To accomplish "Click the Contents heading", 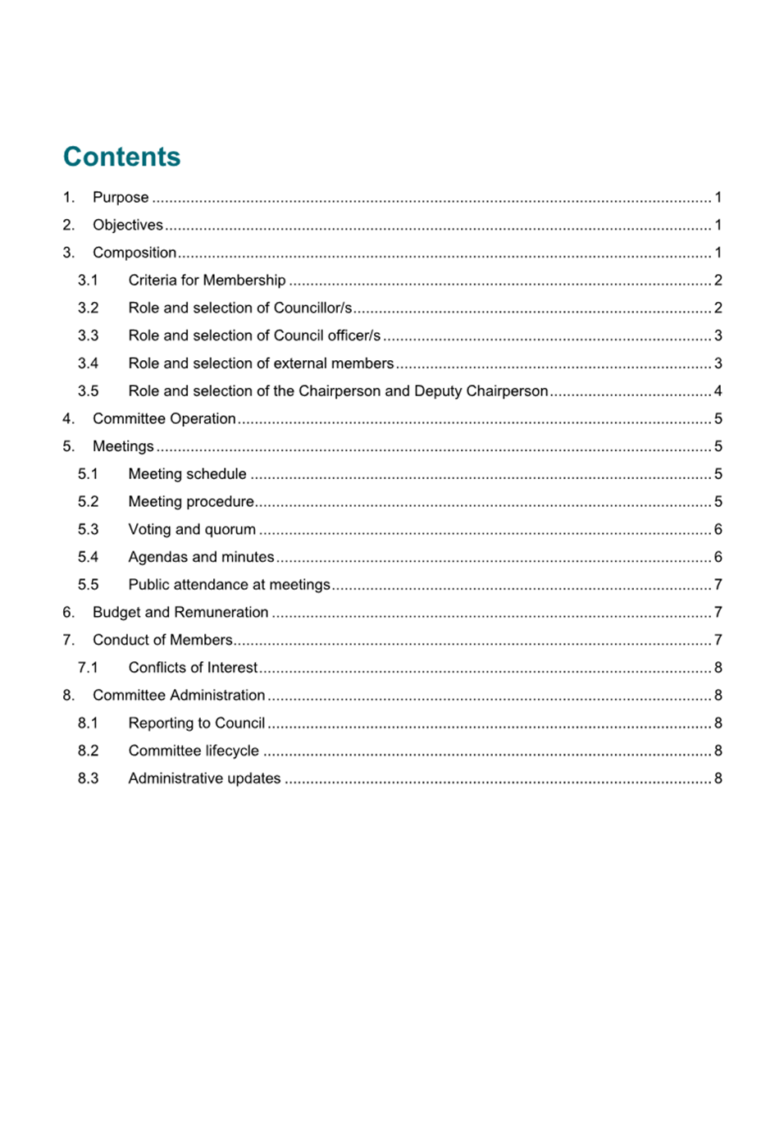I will pos(121,157).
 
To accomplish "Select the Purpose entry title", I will pos(121,198).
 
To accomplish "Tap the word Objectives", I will pos(127,226).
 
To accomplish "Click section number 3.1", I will pos(88,281).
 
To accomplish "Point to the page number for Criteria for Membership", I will pos(718,281).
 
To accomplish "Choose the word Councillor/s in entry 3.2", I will pos(312,308).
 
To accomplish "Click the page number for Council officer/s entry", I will pos(718,336).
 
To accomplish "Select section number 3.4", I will pos(88,363).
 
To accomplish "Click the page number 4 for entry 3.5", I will pos(718,391).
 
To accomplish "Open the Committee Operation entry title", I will pos(164,419).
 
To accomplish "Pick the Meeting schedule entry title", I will pos(187,474).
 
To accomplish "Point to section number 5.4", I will pos(88,558).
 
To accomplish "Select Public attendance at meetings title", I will pos(229,585).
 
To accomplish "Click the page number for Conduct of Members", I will pos(718,641).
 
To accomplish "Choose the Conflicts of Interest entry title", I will pos(193,668).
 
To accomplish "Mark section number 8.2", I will pos(88,751).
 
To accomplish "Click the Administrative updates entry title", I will pos(204,778).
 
